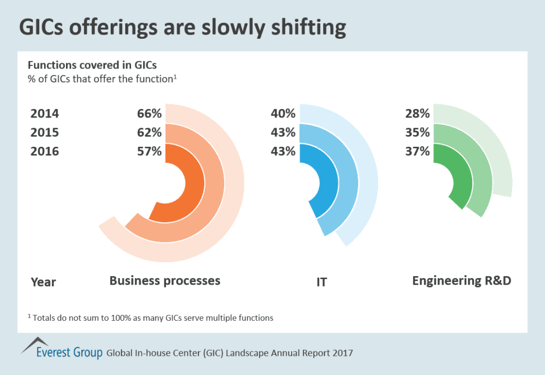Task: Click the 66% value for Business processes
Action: pos(148,113)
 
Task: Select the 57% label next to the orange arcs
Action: pos(148,151)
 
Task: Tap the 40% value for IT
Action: pos(283,113)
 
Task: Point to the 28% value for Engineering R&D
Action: pos(417,113)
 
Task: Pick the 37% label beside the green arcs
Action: pos(417,151)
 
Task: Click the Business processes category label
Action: pos(164,280)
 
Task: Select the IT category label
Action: pos(321,282)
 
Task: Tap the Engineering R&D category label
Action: pos(461,280)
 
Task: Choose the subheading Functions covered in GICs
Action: pos(92,66)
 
